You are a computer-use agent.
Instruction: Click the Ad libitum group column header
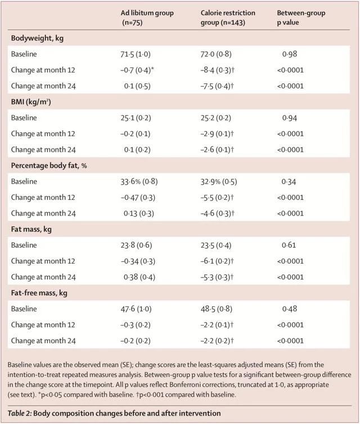[x=147, y=17]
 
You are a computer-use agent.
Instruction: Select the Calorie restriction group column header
[x=228, y=17]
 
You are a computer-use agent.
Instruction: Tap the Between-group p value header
[x=301, y=17]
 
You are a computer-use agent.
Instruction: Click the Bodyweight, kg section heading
[x=37, y=38]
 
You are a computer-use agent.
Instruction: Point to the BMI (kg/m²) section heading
[x=31, y=102]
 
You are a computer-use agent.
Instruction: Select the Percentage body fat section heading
[x=49, y=166]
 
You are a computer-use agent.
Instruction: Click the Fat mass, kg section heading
[x=31, y=229]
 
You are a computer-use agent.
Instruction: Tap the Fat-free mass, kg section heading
[x=39, y=293]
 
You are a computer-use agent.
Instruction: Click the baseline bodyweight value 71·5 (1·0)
[x=136, y=54]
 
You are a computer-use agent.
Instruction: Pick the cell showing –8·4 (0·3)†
[x=217, y=70]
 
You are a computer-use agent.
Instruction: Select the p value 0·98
[x=290, y=54]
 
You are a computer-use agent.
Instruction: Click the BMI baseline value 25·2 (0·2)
[x=215, y=118]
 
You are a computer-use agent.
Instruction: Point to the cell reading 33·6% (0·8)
[x=139, y=181]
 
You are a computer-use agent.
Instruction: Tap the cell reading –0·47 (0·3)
[x=138, y=198]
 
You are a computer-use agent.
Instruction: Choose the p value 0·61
[x=289, y=246]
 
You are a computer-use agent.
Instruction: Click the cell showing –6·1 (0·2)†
[x=217, y=261]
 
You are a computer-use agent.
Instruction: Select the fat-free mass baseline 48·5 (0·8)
[x=217, y=309]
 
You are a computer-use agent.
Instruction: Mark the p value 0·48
[x=290, y=309]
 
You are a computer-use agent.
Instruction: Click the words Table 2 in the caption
[x=20, y=413]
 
